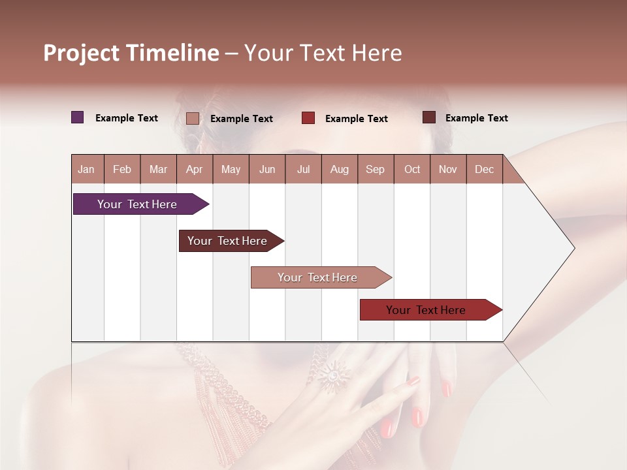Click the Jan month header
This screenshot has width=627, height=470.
click(87, 169)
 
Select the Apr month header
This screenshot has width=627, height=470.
click(195, 169)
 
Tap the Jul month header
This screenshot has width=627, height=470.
click(303, 169)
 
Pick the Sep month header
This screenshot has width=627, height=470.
click(375, 169)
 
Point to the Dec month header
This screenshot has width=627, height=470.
click(484, 169)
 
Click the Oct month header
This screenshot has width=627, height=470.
click(412, 169)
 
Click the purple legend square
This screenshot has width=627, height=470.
click(78, 117)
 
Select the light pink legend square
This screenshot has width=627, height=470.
click(193, 118)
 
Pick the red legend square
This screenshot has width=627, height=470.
click(308, 118)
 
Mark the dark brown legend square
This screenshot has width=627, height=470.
click(428, 117)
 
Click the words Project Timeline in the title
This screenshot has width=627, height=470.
click(131, 53)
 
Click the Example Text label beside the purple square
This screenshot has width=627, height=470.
click(127, 118)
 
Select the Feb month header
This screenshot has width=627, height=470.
click(122, 169)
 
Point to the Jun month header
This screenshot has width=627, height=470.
click(267, 169)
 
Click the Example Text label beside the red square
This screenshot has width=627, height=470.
click(357, 119)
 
